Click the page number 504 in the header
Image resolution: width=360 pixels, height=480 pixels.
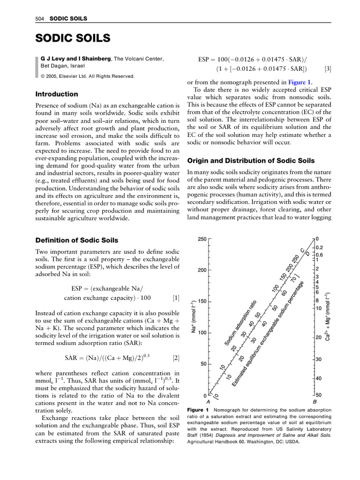pyautogui.click(x=39, y=18)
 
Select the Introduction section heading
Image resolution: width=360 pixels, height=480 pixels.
pyautogui.click(x=57, y=94)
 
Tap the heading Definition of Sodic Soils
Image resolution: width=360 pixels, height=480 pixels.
pyautogui.click(x=77, y=240)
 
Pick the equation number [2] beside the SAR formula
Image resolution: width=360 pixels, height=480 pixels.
pyautogui.click(x=175, y=358)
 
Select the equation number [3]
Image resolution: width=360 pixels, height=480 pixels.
pyautogui.click(x=328, y=69)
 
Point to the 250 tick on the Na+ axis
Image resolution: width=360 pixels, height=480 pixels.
pyautogui.click(x=202, y=239)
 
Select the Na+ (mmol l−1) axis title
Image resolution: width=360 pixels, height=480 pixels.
pyautogui.click(x=193, y=318)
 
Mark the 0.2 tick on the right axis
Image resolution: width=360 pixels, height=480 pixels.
pyautogui.click(x=319, y=247)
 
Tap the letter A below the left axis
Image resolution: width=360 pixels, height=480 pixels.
pyautogui.click(x=208, y=402)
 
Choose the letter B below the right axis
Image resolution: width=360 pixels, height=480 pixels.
pyautogui.click(x=315, y=402)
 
